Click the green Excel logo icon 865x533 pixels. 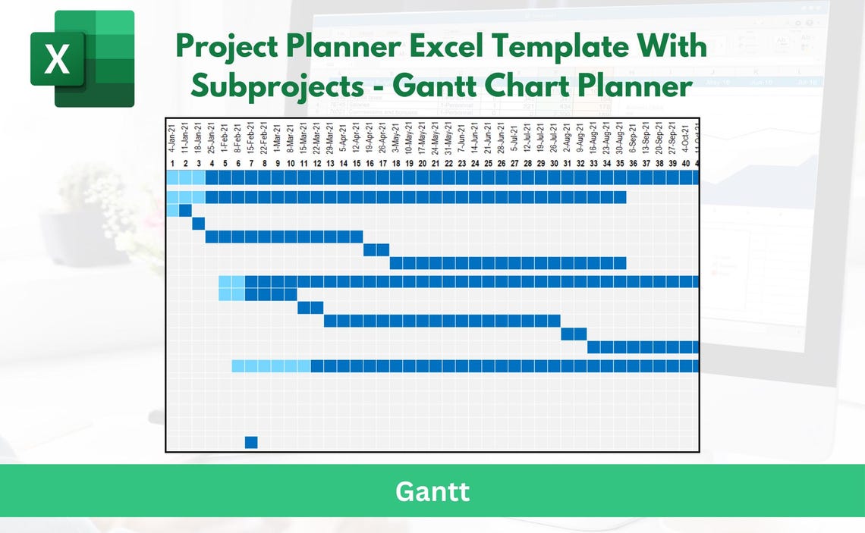click(82, 58)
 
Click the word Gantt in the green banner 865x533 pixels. click(432, 491)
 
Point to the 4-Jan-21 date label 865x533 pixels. click(172, 138)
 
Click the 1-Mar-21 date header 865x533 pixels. click(278, 138)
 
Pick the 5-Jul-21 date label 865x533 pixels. click(514, 140)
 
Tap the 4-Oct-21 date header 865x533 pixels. click(685, 138)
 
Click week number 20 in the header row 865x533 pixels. click(422, 163)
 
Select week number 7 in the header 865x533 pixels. click(251, 163)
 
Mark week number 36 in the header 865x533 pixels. click(633, 163)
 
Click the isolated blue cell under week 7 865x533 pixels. click(251, 442)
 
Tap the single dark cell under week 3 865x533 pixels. click(199, 223)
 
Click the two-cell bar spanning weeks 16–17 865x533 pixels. click(376, 250)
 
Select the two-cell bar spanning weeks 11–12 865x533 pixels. click(310, 307)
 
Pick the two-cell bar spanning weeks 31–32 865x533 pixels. click(574, 334)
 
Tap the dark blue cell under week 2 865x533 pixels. click(185, 210)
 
